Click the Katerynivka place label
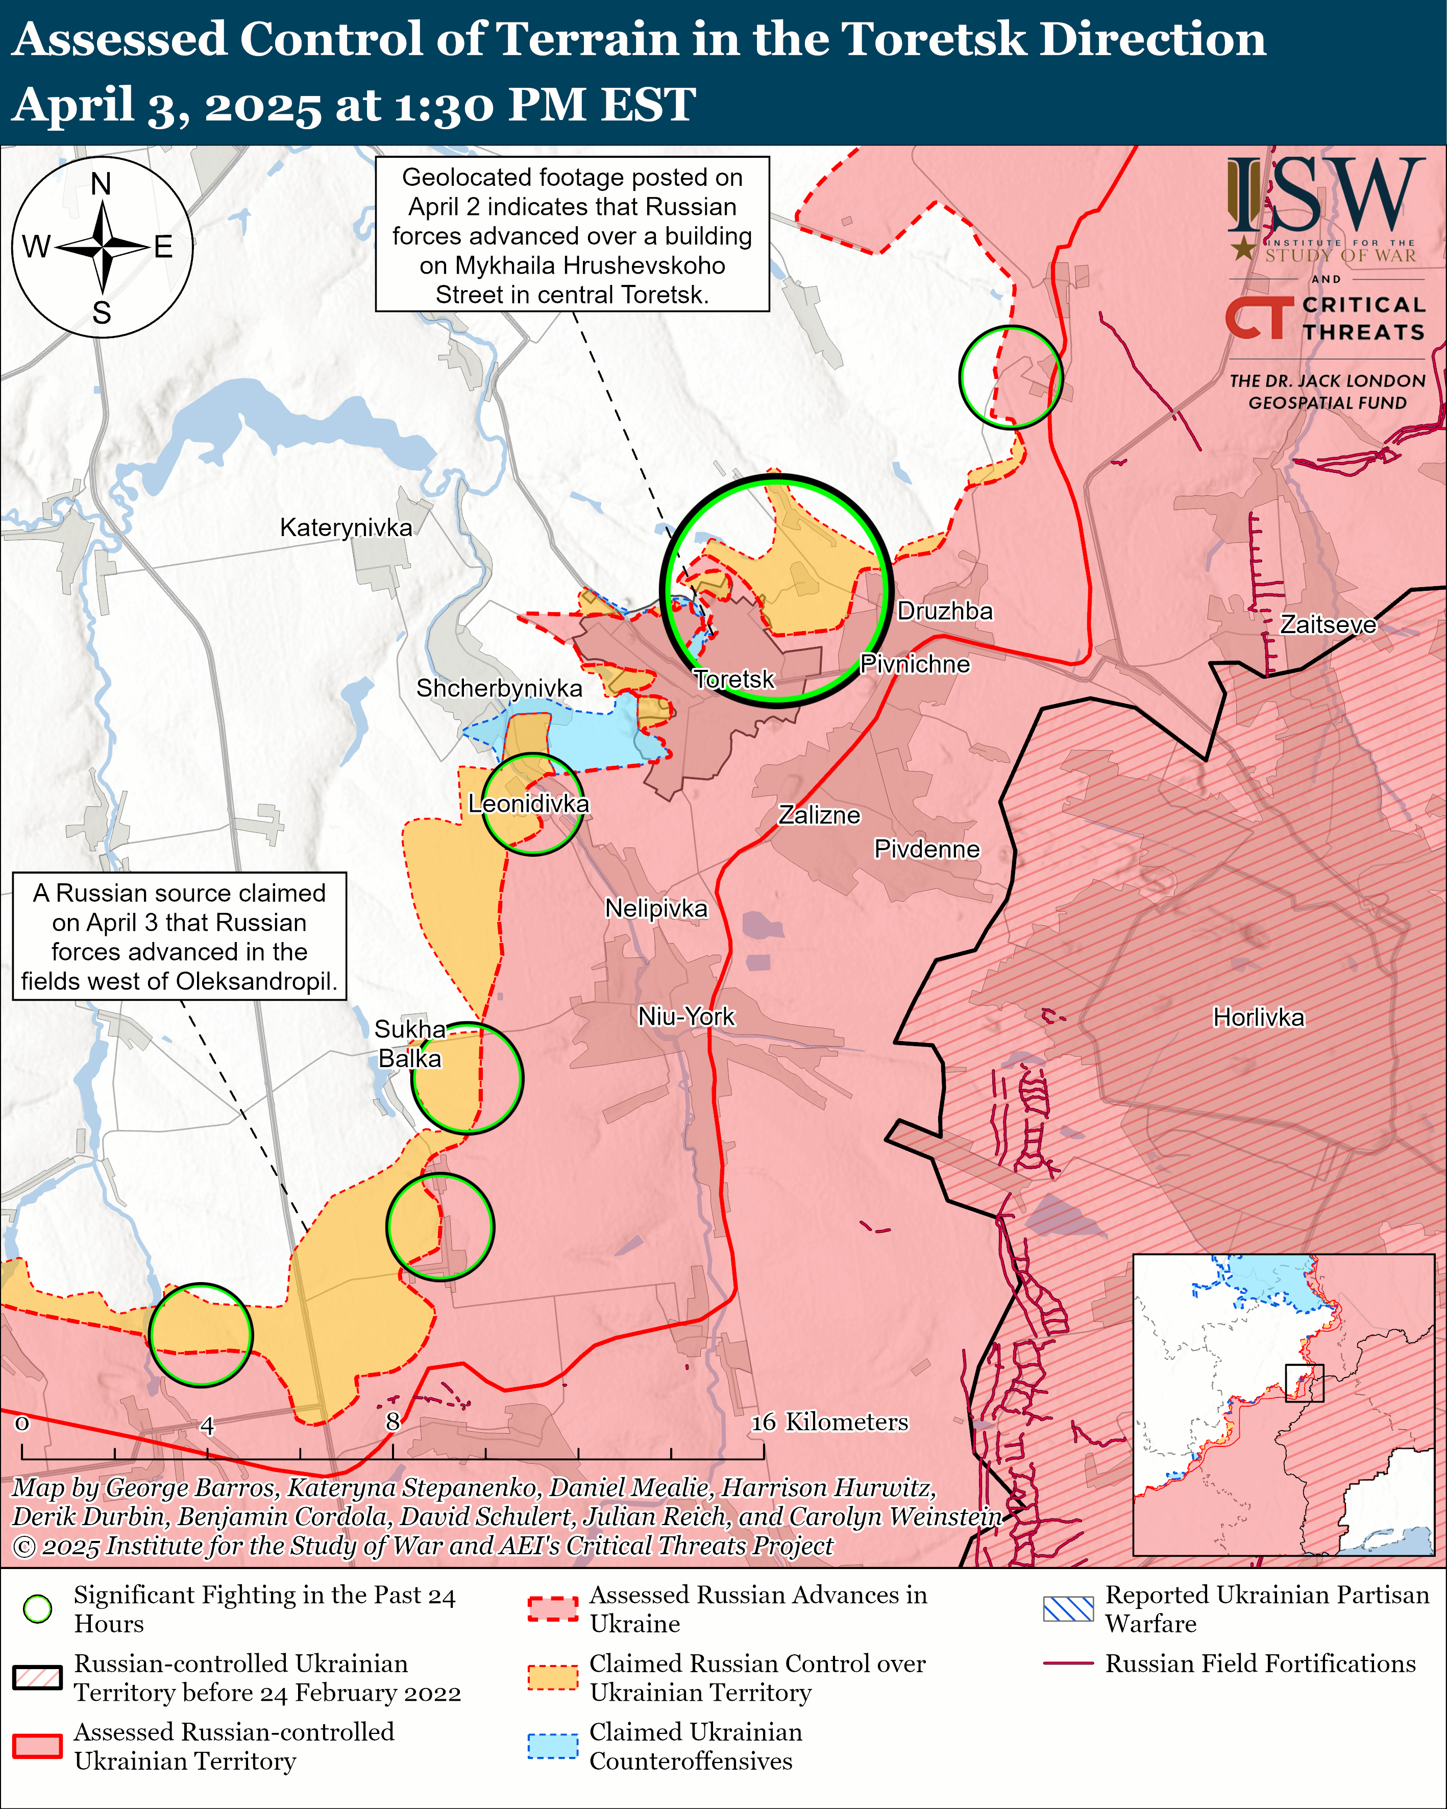(346, 528)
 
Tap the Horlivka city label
(1258, 1018)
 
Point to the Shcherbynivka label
(499, 688)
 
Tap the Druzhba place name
(945, 611)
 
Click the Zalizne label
(820, 815)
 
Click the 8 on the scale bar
(393, 1421)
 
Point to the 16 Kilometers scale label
(829, 1421)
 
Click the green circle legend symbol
(38, 1608)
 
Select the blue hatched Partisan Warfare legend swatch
(1068, 1608)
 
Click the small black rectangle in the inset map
(1305, 1383)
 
